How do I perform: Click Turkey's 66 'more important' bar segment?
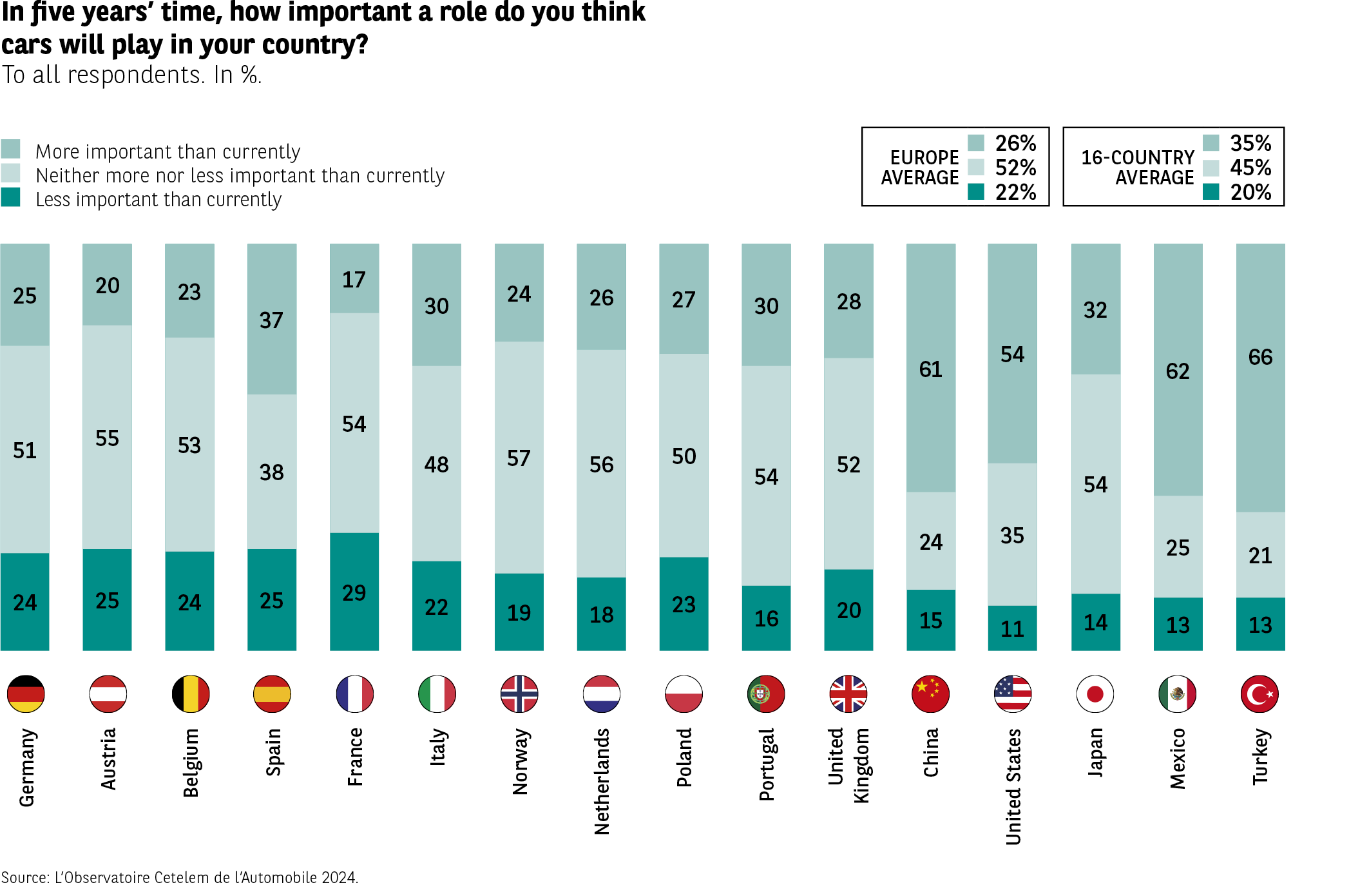click(1260, 377)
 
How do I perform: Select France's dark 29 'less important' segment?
click(354, 591)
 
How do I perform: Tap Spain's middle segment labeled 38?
click(272, 471)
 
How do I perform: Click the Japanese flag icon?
click(1095, 694)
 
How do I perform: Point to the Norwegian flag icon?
click(519, 694)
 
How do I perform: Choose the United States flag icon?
click(1013, 694)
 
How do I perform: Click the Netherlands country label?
click(602, 781)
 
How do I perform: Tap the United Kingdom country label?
click(848, 765)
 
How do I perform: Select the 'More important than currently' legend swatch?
click(10, 149)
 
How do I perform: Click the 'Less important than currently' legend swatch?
click(10, 197)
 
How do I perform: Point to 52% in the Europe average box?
click(1015, 168)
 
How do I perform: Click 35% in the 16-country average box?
click(1250, 143)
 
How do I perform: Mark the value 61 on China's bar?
click(930, 369)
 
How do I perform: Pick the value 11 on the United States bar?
click(1012, 628)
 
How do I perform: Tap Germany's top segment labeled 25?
click(25, 295)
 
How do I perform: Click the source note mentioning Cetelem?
click(179, 877)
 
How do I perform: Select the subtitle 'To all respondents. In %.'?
click(131, 75)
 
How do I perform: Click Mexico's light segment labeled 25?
click(1178, 547)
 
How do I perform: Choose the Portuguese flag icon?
click(766, 694)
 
